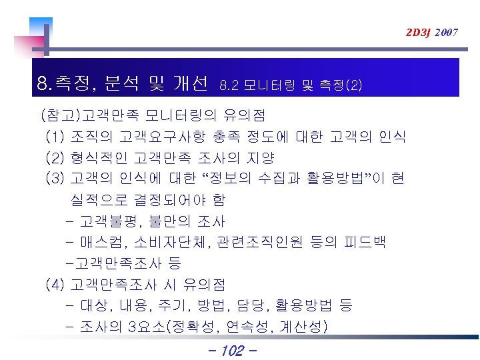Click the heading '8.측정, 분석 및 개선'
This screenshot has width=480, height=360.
123,84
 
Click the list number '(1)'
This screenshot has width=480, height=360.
55,137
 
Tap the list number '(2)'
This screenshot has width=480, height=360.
55,159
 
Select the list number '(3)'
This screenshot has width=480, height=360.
55,179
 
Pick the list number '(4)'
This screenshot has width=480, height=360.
55,285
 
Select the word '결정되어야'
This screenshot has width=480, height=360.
172,199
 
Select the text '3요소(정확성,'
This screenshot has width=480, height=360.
174,327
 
